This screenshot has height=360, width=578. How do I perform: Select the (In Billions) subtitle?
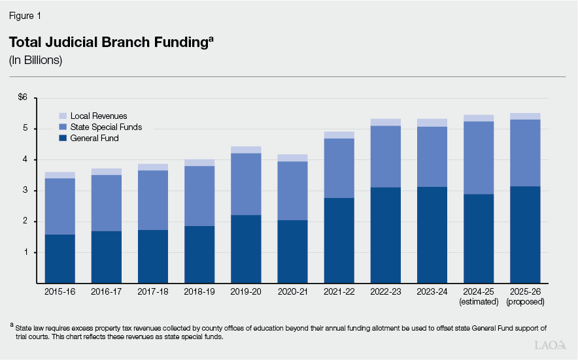[35, 60]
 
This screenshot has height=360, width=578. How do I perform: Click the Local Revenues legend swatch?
[63, 116]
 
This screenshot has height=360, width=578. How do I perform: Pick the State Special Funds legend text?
[106, 127]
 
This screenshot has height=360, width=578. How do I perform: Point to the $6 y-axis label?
[23, 97]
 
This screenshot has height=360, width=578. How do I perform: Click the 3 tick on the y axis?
[24, 191]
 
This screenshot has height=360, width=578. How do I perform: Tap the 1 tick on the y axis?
[24, 253]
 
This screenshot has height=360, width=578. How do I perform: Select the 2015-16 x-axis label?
[59, 291]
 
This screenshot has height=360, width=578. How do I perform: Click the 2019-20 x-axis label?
[245, 291]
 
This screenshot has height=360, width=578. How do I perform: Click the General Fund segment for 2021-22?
[339, 240]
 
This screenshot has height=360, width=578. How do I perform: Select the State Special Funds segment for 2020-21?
[292, 191]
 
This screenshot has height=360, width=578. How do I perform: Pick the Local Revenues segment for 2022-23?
[385, 122]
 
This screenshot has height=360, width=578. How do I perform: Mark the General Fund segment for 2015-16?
[59, 259]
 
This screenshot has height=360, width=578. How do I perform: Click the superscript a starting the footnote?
[11, 324]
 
